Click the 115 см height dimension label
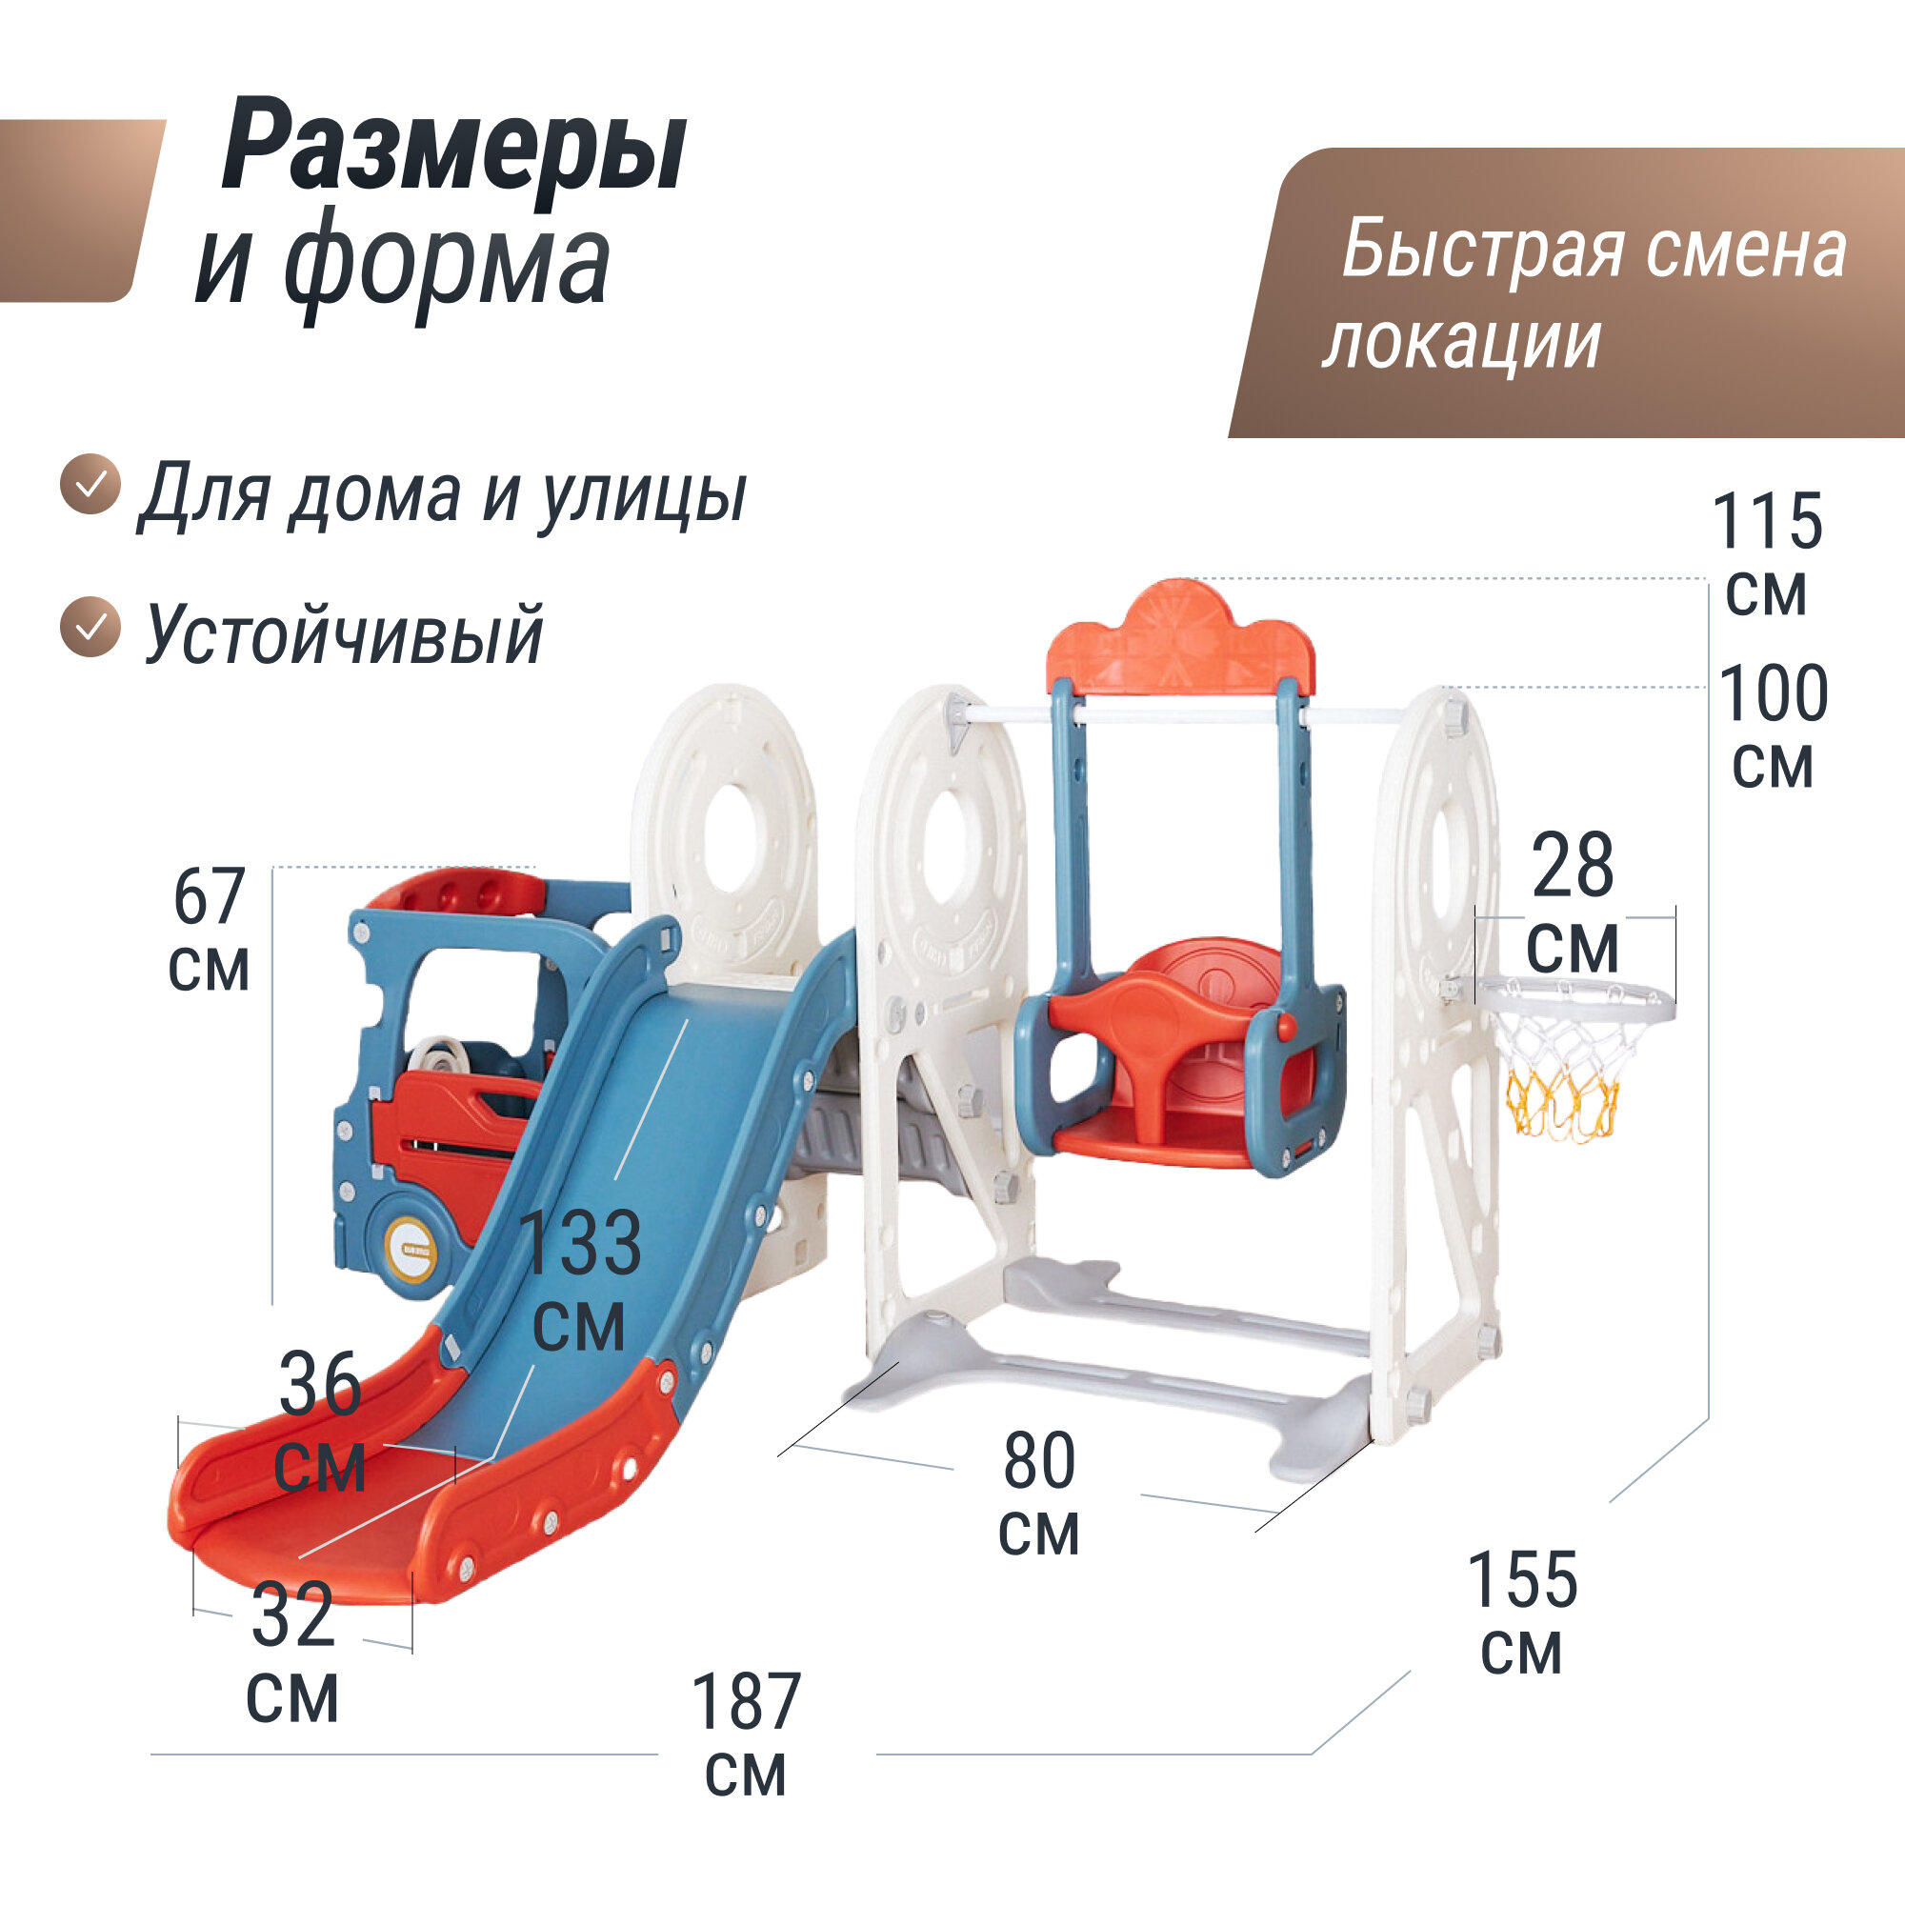(x=1767, y=554)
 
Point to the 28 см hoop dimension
(x=1573, y=903)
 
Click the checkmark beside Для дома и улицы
(x=90, y=484)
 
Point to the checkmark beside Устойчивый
(x=90, y=626)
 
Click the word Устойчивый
(x=345, y=634)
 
